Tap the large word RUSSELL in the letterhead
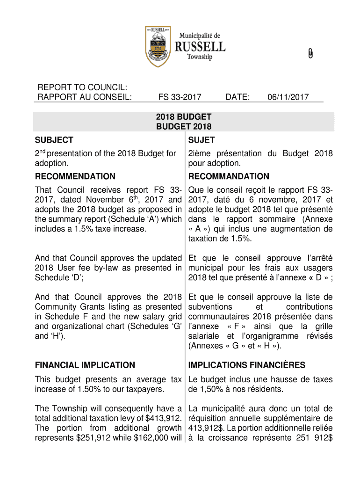tap(200, 47)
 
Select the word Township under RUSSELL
tap(200, 57)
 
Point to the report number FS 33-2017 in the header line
tap(180, 97)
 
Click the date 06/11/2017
tap(288, 97)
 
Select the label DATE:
tap(238, 97)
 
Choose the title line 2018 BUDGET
tap(184, 117)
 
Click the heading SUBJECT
tap(54, 140)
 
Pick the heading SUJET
tap(202, 140)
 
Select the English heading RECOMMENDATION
tap(75, 176)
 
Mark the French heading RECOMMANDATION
tap(229, 176)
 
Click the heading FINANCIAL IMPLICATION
tap(85, 365)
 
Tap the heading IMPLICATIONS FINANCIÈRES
tap(246, 365)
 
